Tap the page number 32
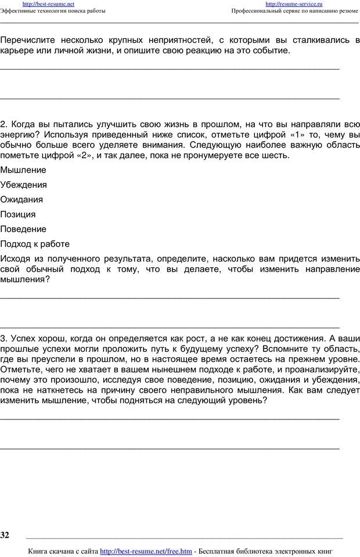pos(5,534)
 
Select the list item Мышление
pos(23,170)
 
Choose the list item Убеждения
pos(24,185)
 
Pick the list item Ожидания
pos(21,199)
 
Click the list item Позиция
pos(18,214)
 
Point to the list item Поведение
pos(23,229)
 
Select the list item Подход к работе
pos(35,244)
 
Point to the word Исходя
pos(17,258)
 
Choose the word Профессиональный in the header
pos(261,11)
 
